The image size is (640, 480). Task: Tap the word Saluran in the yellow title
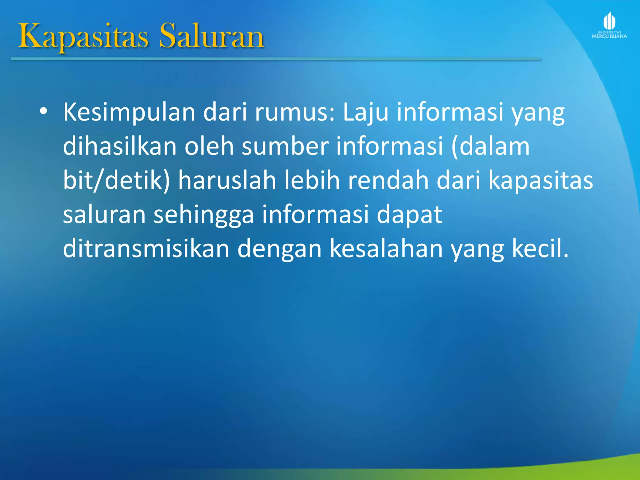click(x=212, y=37)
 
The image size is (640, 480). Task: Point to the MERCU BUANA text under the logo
click(x=609, y=37)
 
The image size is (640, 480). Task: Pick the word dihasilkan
click(x=120, y=146)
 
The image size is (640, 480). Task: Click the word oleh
click(x=209, y=146)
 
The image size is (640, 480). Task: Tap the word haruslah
click(x=227, y=181)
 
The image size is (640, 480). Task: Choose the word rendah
click(x=388, y=181)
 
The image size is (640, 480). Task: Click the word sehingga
click(x=203, y=215)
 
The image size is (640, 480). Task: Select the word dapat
click(x=409, y=215)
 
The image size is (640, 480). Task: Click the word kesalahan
click(x=386, y=249)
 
